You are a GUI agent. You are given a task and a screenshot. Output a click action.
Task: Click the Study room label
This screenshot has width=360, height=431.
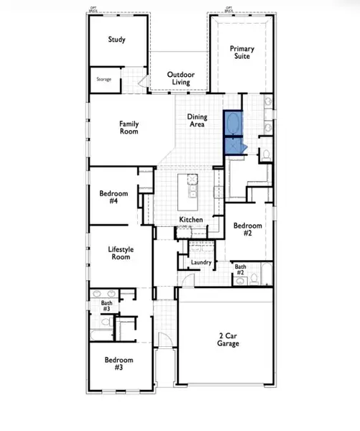tap(116, 40)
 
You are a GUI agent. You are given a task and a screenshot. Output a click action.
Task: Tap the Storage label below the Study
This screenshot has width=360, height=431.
tap(104, 78)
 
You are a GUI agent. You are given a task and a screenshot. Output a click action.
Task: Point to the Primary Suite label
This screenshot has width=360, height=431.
tap(241, 52)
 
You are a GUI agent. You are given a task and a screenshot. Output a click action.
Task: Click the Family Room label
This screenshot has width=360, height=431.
tap(129, 127)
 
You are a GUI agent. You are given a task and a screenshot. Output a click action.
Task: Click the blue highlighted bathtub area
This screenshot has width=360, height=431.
tap(234, 131)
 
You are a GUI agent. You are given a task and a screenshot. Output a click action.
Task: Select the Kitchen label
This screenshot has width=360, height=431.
tap(191, 219)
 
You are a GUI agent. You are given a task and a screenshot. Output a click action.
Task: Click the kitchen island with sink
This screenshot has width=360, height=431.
tap(192, 187)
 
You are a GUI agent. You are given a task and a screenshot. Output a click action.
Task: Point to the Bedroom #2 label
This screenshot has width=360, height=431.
tap(246, 229)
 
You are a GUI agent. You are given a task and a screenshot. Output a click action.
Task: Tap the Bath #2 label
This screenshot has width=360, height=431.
tap(241, 269)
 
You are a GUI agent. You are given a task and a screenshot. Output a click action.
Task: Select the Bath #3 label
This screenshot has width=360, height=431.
tap(106, 305)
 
